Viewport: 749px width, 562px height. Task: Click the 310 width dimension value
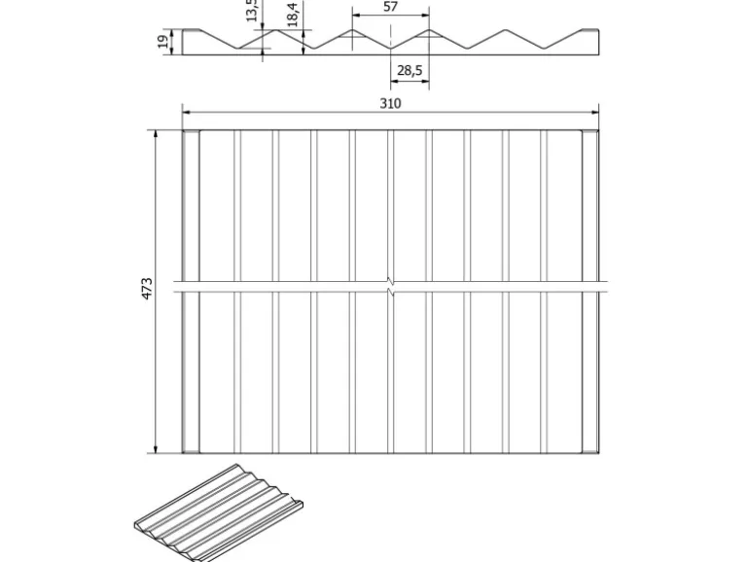point(391,102)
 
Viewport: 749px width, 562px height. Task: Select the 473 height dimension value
point(148,289)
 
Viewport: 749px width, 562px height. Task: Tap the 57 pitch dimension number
point(390,7)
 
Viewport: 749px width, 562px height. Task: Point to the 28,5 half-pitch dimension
point(410,71)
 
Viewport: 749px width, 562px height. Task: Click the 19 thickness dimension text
point(161,41)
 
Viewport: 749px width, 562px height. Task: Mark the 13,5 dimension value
point(252,10)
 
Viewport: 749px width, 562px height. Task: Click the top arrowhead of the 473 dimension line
point(157,134)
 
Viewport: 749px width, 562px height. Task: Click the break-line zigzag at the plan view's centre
point(390,288)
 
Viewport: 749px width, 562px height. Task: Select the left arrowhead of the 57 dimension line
point(356,16)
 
